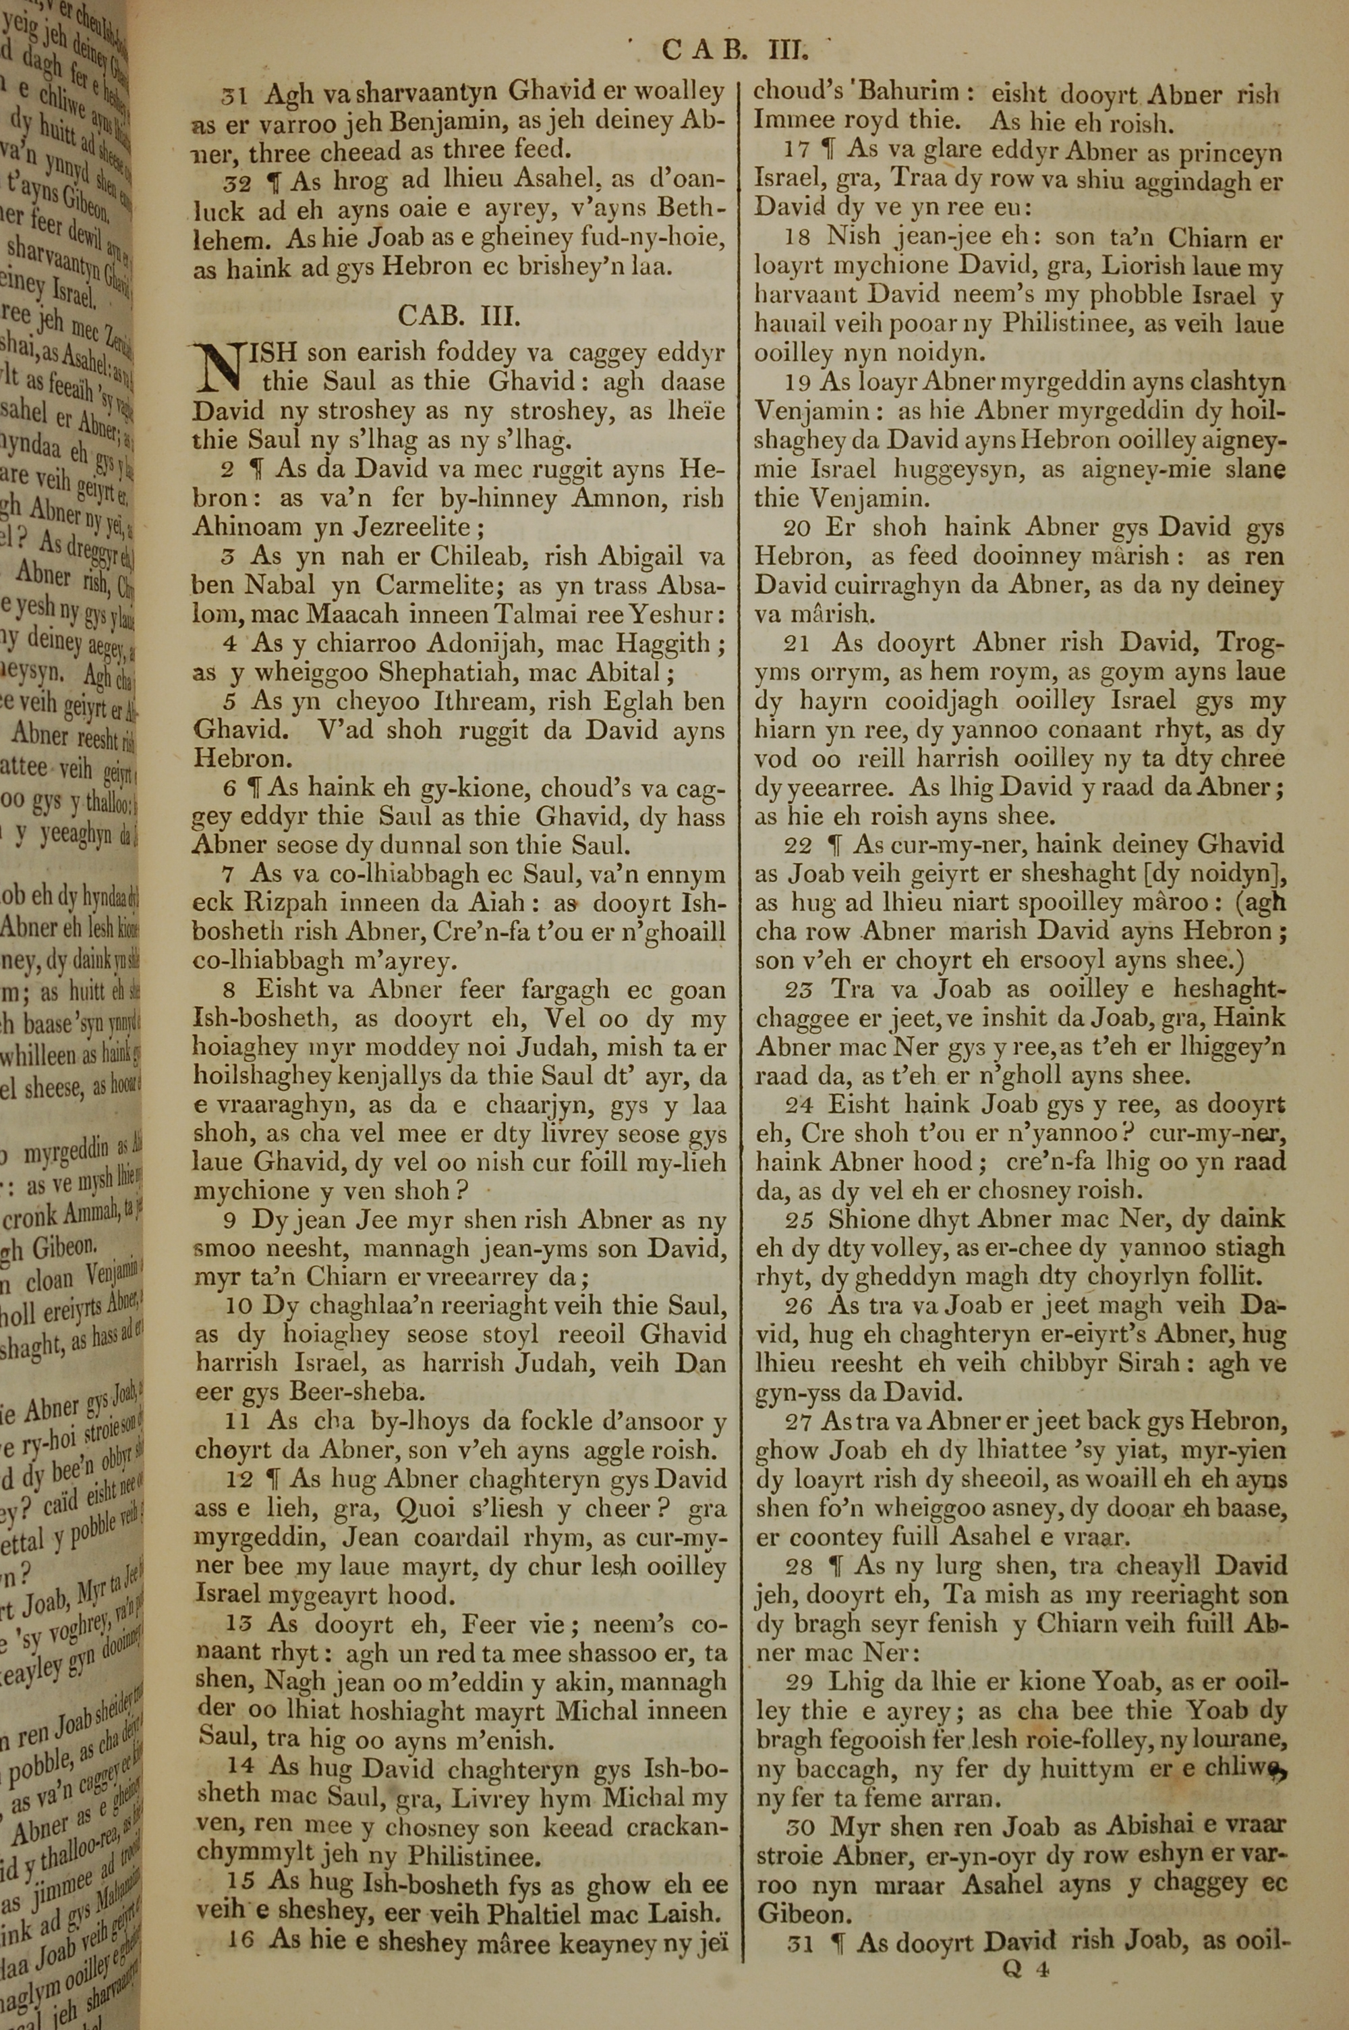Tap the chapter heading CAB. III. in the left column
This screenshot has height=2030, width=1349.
coord(459,316)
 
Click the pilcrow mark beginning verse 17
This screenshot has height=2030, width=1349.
coord(830,150)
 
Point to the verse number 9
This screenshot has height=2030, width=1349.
coord(230,1219)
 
